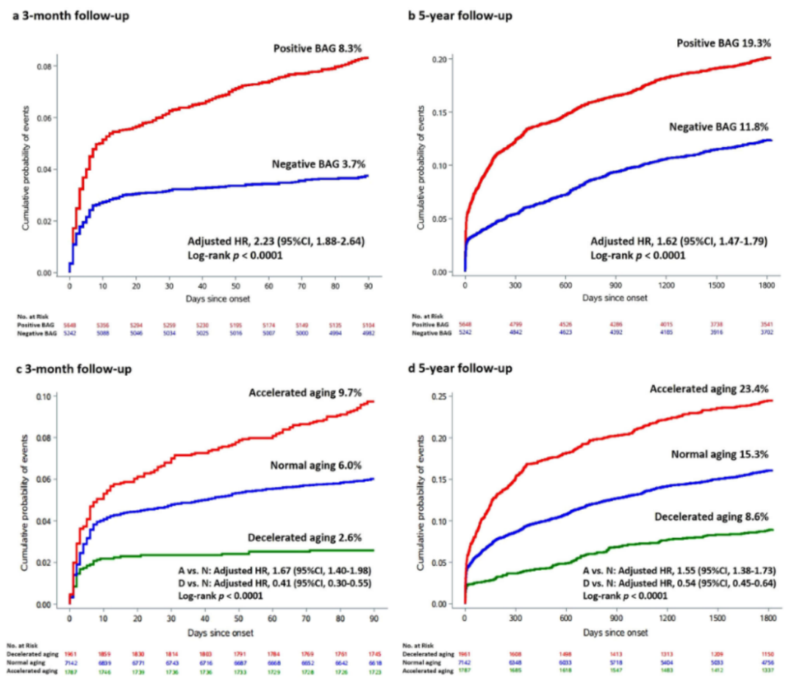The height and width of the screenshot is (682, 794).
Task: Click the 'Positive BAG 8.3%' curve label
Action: pos(321,48)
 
